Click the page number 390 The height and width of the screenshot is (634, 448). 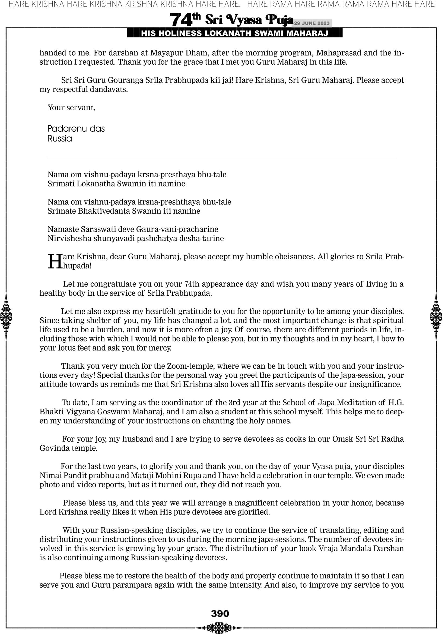[220, 614]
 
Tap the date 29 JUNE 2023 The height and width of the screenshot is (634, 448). [312, 23]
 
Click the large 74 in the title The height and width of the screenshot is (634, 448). [181, 20]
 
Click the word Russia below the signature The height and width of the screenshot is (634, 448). [60, 138]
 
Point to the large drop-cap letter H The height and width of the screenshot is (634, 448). [55, 261]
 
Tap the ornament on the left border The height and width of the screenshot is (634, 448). [6, 317]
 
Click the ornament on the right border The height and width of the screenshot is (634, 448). [436, 317]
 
